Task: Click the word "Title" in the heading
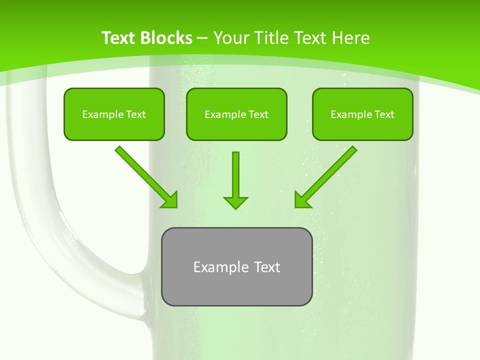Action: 274,38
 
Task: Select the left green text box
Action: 114,114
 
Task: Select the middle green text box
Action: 236,114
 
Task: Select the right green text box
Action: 362,114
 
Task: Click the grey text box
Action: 236,266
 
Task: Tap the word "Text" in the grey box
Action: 267,267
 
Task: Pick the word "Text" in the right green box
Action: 384,114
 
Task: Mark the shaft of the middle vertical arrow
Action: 235,172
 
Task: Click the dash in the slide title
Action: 202,38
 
